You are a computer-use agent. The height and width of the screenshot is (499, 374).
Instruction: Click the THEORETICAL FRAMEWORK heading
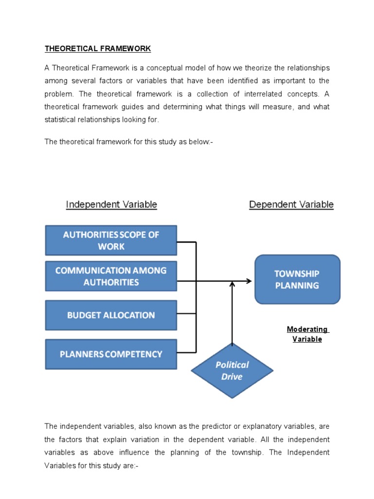(x=98, y=49)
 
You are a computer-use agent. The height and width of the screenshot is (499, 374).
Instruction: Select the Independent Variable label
(x=112, y=205)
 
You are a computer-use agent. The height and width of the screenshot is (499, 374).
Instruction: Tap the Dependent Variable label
(x=291, y=205)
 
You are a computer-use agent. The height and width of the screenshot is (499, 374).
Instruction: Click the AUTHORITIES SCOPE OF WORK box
(x=111, y=240)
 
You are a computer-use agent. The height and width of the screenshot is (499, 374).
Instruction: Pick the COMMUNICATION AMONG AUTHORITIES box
(x=111, y=276)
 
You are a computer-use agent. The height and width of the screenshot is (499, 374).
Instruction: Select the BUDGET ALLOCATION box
(x=111, y=315)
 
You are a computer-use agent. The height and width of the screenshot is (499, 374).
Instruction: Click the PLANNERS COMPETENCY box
(x=111, y=354)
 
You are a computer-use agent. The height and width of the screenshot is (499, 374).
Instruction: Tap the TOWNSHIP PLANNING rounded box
(x=297, y=280)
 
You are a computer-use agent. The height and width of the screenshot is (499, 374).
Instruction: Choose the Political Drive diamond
(x=232, y=371)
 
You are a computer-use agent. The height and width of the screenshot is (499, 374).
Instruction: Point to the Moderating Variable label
(x=307, y=334)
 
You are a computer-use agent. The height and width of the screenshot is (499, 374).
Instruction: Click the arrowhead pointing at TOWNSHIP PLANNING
(x=249, y=281)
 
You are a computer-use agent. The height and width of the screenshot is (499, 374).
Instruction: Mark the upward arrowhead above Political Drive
(x=232, y=284)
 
